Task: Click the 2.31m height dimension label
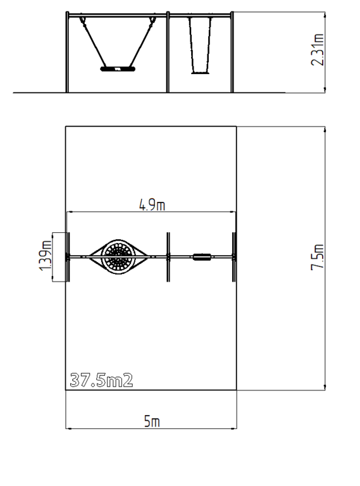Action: pos(318,49)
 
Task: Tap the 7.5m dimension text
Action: pos(318,258)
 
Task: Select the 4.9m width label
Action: pos(152,205)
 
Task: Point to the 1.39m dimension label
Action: pos(45,256)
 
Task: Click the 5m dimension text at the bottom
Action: pos(152,421)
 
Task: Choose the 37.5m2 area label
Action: pos(101,380)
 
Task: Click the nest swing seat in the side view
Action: pos(118,69)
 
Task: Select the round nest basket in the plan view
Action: pos(118,257)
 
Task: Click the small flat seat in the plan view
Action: pos(202,257)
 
